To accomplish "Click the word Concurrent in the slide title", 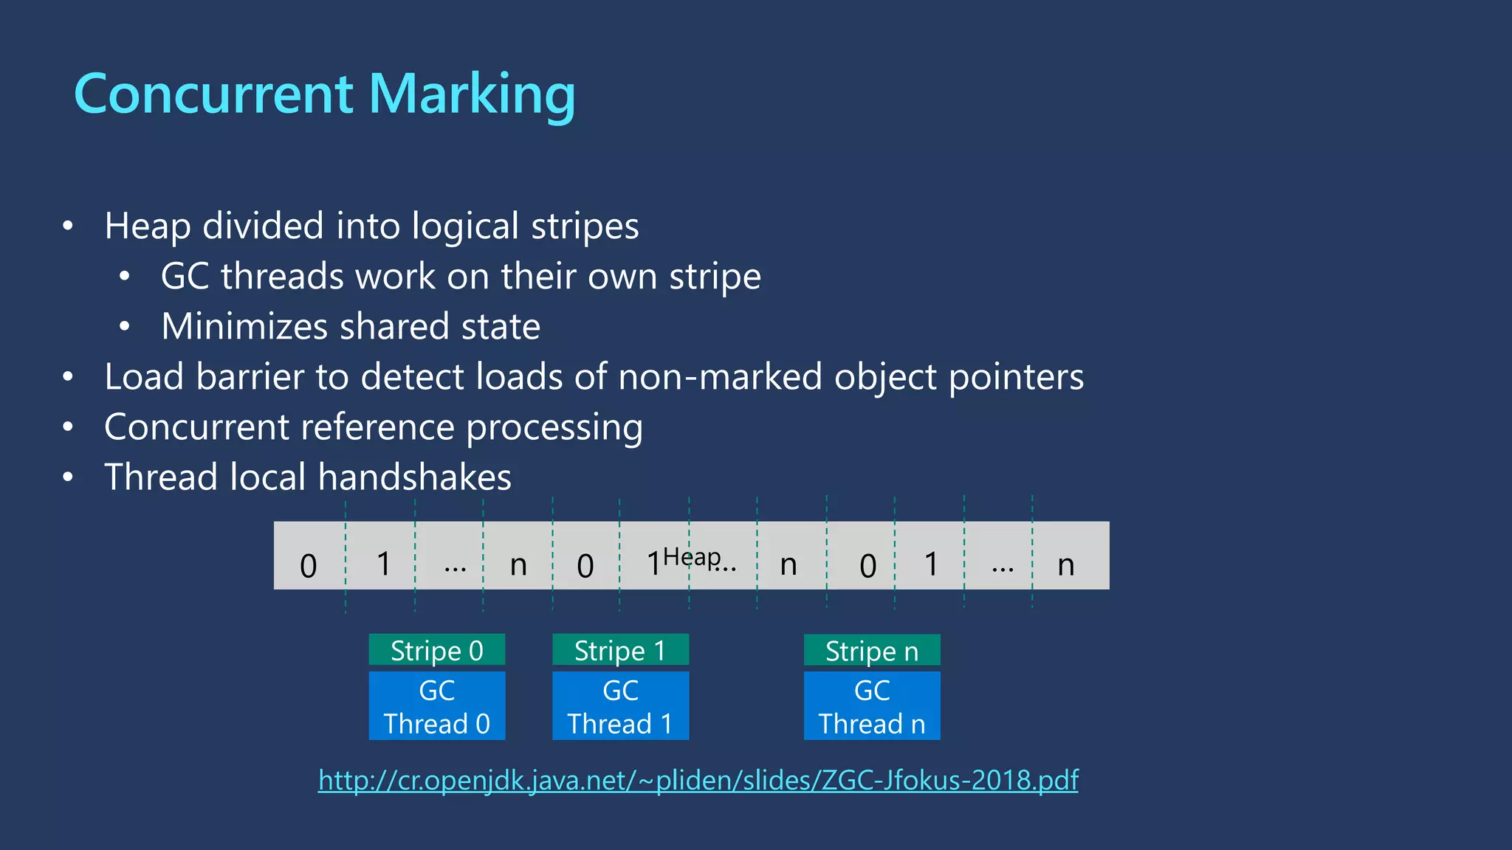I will point(214,94).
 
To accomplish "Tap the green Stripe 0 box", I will point(436,650).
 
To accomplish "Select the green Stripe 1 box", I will point(620,650).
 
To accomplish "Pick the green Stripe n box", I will point(871,650).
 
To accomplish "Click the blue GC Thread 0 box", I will point(436,706).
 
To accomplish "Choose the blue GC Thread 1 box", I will point(620,706).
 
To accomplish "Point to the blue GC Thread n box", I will point(871,706).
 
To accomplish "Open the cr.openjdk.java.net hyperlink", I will point(698,780).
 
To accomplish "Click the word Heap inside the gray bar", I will point(692,557).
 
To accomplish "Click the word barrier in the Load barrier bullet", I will point(250,377).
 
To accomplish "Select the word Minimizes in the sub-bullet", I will point(244,327).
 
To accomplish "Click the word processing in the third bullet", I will point(554,428).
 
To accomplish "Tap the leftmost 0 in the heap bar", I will point(309,566).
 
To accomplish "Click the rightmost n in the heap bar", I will point(1065,565).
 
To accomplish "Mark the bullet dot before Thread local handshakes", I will point(68,477).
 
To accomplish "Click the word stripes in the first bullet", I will point(585,227).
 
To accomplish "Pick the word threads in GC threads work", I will point(282,277).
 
